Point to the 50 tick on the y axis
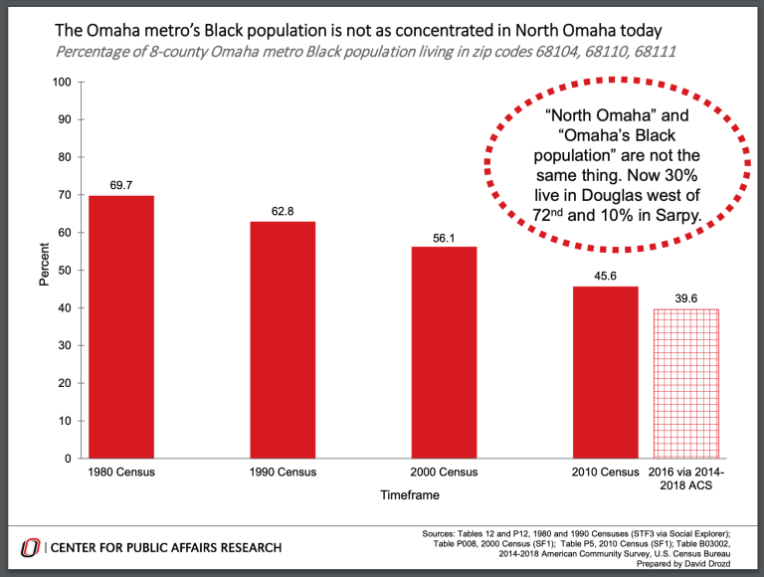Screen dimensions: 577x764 coord(65,271)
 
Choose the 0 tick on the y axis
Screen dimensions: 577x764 coord(68,459)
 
